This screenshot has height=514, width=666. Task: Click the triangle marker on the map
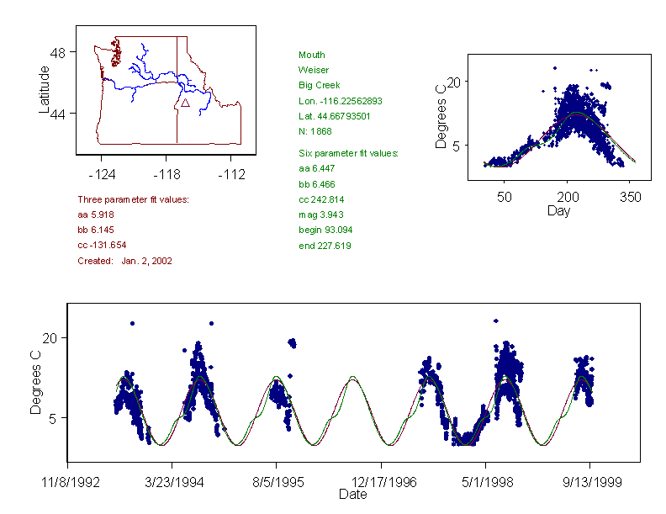(185, 102)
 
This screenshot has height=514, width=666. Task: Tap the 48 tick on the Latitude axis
(58, 52)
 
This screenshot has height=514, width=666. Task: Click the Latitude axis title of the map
(45, 89)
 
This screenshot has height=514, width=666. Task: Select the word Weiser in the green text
(314, 70)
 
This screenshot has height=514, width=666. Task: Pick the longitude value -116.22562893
(341, 101)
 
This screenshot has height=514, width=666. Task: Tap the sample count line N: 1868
(316, 131)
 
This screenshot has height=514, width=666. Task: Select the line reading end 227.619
(325, 246)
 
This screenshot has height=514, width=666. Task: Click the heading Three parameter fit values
(133, 199)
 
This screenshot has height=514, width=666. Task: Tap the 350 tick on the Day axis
(631, 197)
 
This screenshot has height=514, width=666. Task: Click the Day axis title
(558, 210)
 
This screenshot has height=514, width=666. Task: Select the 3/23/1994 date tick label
(172, 484)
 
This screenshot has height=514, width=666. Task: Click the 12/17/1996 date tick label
(381, 484)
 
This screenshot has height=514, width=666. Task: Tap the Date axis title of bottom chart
(352, 495)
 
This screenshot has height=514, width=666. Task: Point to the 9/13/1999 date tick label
(589, 484)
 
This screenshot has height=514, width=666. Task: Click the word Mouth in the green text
(311, 55)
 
